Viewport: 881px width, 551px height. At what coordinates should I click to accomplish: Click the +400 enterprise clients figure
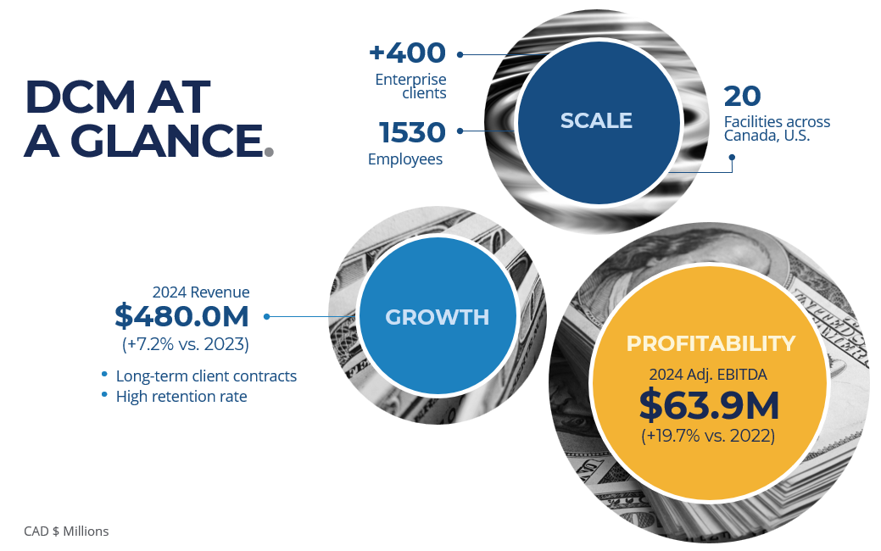pos(407,53)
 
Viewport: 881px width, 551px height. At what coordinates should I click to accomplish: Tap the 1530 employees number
pos(412,132)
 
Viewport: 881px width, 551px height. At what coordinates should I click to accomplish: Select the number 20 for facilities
pos(742,96)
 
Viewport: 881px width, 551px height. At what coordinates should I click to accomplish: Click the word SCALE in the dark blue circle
pos(596,120)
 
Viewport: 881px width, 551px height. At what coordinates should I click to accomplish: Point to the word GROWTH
pos(438,317)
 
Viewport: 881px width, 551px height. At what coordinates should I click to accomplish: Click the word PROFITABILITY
pos(711,343)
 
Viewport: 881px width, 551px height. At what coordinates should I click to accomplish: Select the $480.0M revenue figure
pos(181,315)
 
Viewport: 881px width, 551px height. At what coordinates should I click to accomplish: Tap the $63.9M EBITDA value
pos(709,405)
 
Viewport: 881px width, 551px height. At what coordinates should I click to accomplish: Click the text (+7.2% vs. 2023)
pos(186,344)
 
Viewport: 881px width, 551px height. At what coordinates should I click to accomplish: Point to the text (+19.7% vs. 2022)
pos(708,436)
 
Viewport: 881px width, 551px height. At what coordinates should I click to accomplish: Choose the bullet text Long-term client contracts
pos(206,376)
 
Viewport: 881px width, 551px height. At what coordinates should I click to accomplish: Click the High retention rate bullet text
pos(181,397)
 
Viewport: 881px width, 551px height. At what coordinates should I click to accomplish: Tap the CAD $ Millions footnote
pos(66,532)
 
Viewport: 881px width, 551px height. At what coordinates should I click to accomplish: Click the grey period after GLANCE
pos(269,152)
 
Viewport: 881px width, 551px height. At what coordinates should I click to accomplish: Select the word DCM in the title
pos(81,97)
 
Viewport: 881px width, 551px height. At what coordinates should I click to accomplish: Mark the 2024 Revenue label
pos(201,292)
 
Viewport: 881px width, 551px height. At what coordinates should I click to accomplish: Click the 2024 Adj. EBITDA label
pos(708,375)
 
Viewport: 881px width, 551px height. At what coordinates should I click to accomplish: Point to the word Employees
pos(405,159)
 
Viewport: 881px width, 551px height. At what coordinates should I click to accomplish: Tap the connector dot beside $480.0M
pos(266,317)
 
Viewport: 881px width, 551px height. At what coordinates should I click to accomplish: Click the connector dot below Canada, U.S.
pos(732,158)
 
